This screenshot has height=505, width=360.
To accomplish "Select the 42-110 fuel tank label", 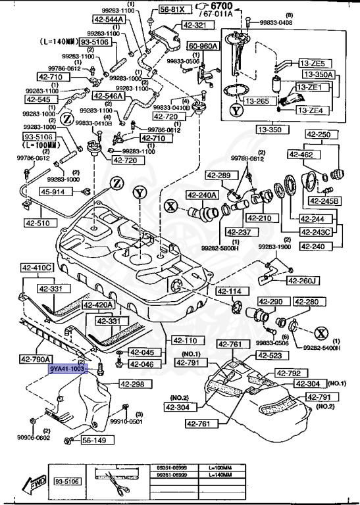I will coord(185,340).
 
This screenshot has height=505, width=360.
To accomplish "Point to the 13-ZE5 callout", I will coord(313,62).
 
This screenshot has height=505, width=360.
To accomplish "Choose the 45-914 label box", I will coord(54,192).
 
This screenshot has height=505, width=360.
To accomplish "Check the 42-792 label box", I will coord(290,373).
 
